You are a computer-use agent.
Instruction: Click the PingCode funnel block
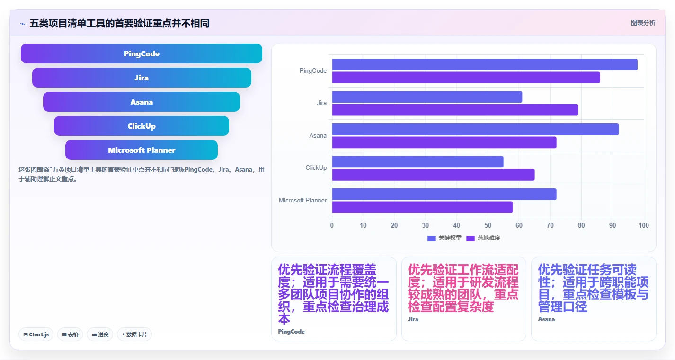(x=142, y=53)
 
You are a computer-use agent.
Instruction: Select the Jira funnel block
(x=142, y=78)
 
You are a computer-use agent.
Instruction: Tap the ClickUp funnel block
(x=142, y=126)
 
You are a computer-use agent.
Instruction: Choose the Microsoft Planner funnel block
(x=142, y=150)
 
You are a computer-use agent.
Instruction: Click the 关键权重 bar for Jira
(x=427, y=97)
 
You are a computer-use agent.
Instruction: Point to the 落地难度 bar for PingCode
(x=466, y=78)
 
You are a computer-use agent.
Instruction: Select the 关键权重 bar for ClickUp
(x=417, y=162)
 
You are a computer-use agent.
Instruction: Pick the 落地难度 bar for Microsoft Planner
(x=423, y=207)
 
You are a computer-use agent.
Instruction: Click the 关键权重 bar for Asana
(x=476, y=129)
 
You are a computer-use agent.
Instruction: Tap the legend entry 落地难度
(x=483, y=238)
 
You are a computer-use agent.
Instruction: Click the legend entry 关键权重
(x=444, y=238)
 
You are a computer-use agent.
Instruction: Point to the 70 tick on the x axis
(x=550, y=225)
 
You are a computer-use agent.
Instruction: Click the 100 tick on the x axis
(x=644, y=225)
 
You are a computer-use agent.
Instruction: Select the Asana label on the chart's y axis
(x=318, y=136)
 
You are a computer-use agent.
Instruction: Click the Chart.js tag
(x=36, y=334)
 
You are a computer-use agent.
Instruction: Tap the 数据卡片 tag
(x=134, y=334)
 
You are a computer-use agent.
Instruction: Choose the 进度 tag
(x=100, y=334)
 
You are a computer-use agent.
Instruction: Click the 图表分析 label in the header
(x=643, y=23)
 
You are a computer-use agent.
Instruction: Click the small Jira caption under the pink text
(x=413, y=319)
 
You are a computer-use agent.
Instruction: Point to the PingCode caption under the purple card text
(x=291, y=332)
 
